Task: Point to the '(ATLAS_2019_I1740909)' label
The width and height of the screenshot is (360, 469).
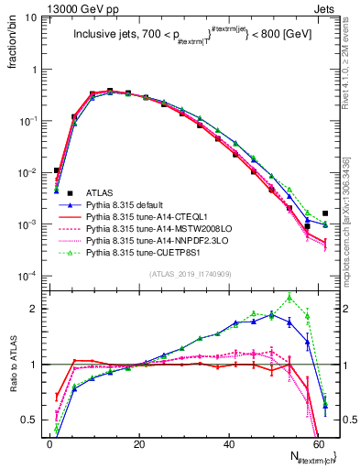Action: click(x=190, y=274)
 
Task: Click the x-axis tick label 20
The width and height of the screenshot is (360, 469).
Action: click(x=138, y=442)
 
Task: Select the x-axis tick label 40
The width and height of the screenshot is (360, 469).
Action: click(x=228, y=442)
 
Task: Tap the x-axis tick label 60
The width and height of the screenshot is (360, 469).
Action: click(x=318, y=442)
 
